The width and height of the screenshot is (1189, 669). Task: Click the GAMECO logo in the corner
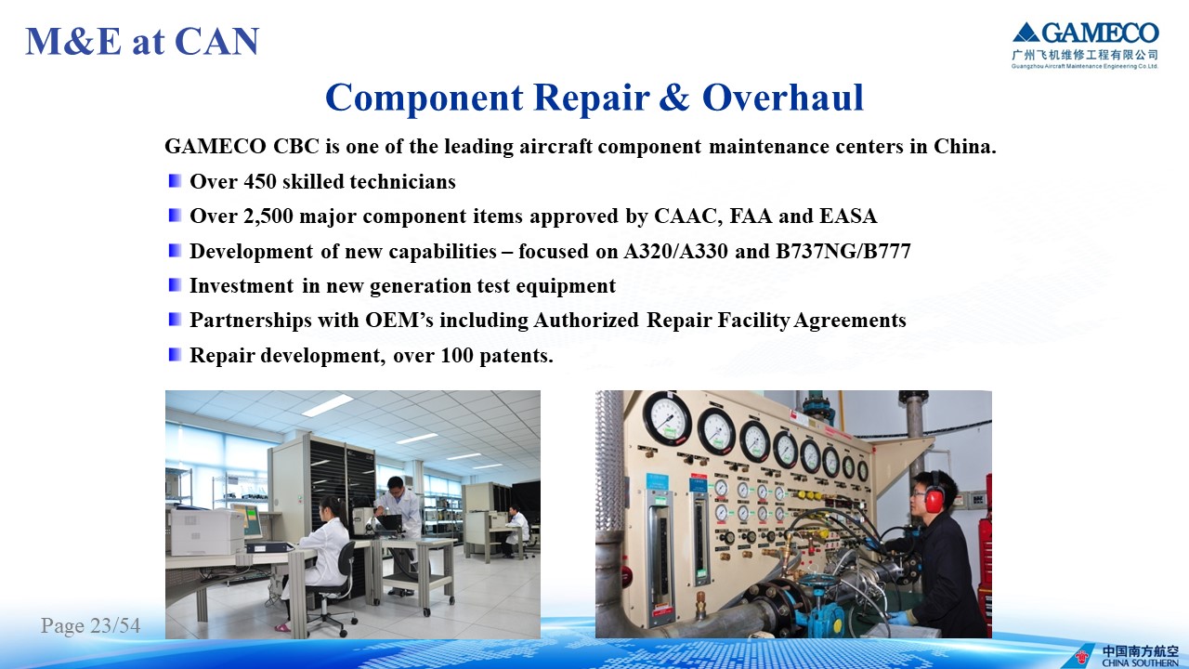[x=1085, y=46]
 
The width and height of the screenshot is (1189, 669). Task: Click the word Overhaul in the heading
[x=783, y=98]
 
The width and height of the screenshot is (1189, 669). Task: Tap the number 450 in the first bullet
[x=260, y=181]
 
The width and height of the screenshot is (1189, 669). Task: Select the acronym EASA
[x=848, y=216]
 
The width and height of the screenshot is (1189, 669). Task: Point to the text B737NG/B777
[x=843, y=251]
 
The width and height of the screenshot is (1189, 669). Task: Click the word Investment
[x=242, y=285]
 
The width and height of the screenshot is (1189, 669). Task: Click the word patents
[x=516, y=356]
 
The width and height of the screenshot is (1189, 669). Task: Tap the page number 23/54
[x=115, y=625]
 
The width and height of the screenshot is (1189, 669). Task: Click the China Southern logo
[x=1127, y=656]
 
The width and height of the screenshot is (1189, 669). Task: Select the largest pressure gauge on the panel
[x=667, y=418]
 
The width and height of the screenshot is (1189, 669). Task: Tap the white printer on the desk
[x=207, y=531]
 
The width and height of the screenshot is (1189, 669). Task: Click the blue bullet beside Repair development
[x=176, y=355]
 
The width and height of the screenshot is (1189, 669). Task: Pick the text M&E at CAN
[x=142, y=41]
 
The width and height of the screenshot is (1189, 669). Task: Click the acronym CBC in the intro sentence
[x=296, y=146]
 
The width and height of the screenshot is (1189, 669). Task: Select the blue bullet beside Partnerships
[x=176, y=320]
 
